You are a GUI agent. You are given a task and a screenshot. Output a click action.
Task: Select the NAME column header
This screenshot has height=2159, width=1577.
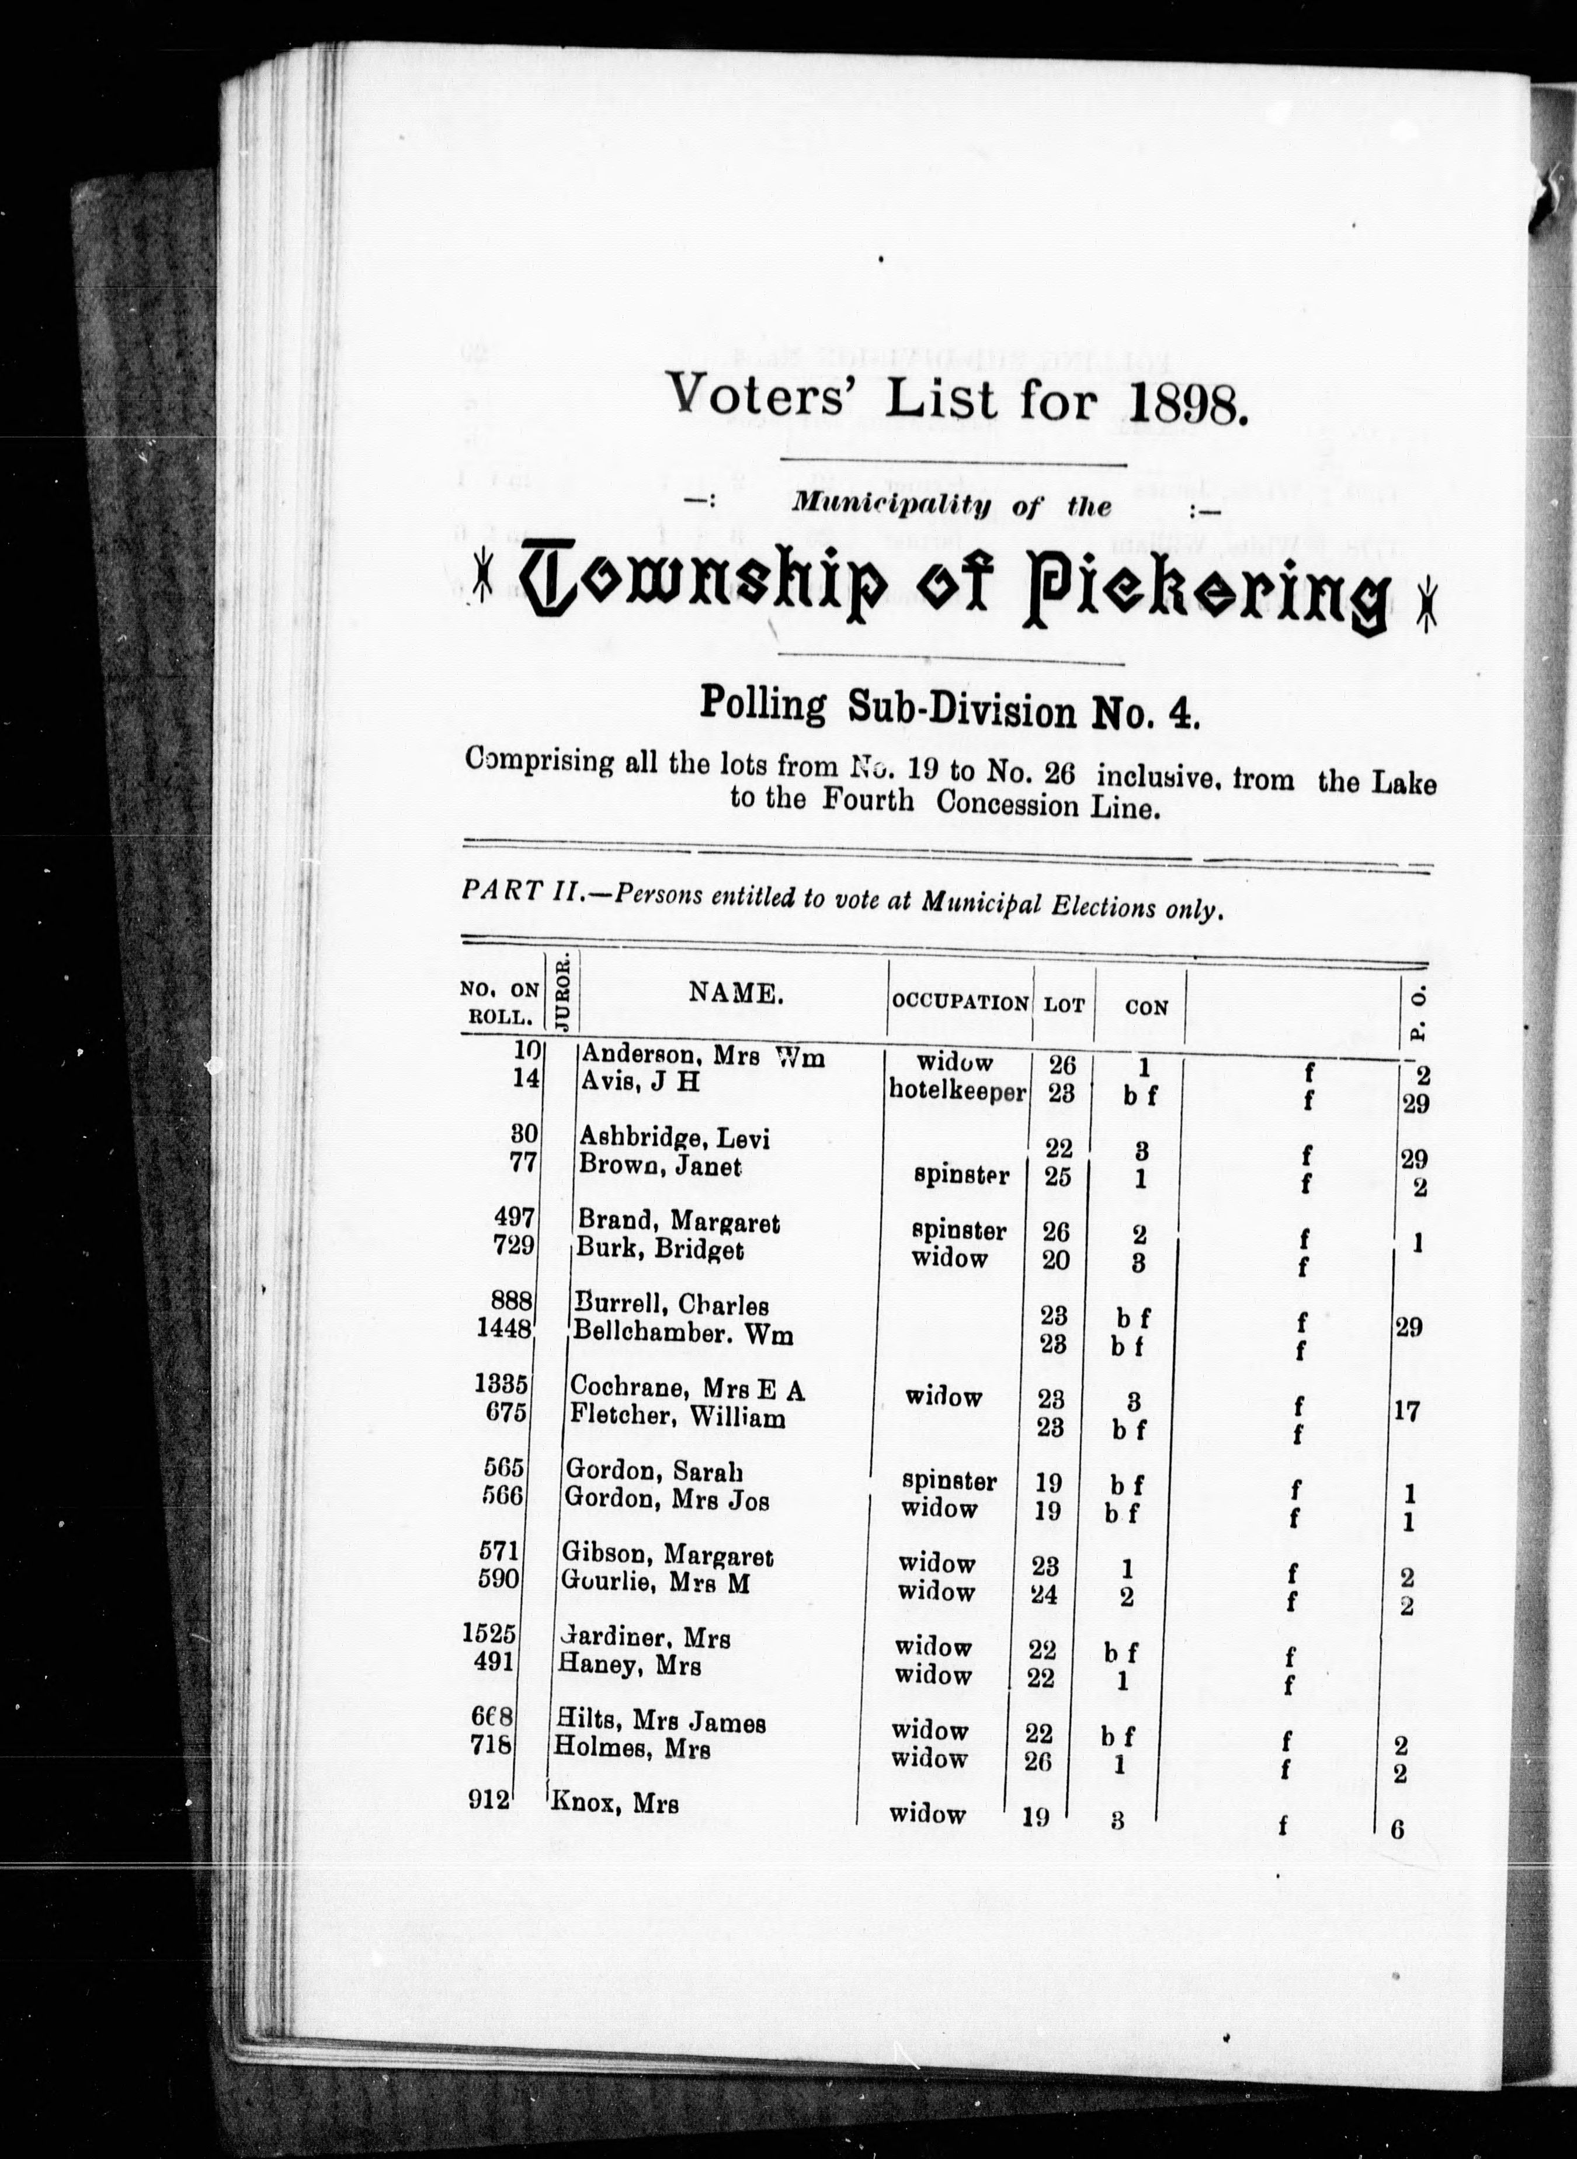tap(736, 994)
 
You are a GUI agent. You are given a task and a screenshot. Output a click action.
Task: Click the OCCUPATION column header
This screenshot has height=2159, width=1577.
tap(960, 1003)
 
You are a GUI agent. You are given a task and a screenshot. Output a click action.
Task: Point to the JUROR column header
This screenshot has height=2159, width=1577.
tap(563, 992)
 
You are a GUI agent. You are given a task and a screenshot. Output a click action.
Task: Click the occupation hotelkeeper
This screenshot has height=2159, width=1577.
tap(957, 1091)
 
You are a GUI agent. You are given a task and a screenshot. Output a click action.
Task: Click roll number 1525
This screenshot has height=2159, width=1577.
tap(489, 1633)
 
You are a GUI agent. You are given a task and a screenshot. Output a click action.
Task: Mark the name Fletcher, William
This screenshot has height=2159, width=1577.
tap(678, 1417)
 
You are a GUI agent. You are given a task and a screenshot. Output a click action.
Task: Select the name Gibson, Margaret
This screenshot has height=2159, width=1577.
tap(668, 1556)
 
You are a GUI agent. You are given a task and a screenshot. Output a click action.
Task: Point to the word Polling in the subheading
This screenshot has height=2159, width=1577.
tap(763, 704)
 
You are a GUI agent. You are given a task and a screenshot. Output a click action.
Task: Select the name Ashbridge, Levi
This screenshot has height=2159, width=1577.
tap(674, 1138)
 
